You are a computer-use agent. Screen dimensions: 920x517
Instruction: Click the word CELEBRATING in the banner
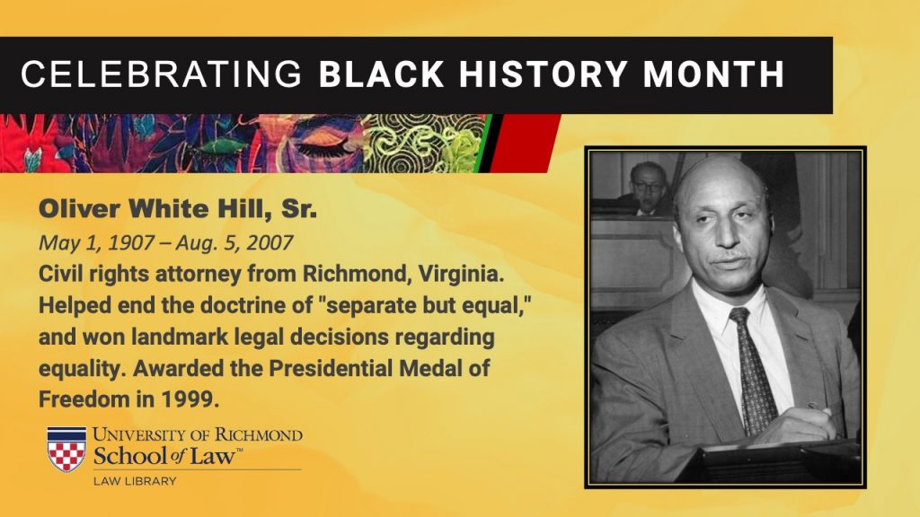[162, 74]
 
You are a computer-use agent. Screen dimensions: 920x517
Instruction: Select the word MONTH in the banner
[713, 74]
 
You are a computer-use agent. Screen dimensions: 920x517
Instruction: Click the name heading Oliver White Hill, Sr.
[178, 209]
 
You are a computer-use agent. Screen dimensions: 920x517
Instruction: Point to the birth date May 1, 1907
[96, 242]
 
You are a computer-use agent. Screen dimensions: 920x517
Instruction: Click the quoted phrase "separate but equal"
[428, 305]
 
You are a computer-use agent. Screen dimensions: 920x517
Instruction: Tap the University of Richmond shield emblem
[66, 449]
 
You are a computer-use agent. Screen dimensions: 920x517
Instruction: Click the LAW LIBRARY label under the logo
[135, 481]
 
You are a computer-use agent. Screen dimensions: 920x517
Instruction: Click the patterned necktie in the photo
[752, 369]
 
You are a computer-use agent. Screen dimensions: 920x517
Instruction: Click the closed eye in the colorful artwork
[324, 145]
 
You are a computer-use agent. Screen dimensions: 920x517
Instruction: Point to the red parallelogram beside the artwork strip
[525, 143]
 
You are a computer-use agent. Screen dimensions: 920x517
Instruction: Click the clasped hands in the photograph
[797, 425]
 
